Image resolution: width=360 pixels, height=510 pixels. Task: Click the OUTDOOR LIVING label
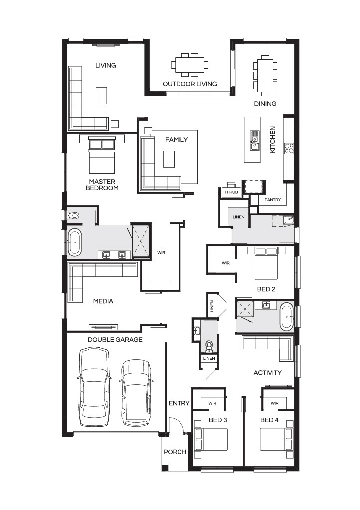click(190, 84)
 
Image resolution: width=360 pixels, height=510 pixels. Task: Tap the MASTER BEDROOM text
click(102, 185)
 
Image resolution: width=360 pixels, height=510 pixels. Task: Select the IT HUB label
click(231, 192)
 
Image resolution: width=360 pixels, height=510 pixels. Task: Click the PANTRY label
click(272, 200)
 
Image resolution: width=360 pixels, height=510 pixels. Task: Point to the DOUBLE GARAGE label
click(115, 340)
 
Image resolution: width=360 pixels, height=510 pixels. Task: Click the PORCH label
click(175, 452)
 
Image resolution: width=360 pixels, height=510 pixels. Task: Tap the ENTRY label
click(179, 403)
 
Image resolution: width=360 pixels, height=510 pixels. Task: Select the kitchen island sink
click(254, 141)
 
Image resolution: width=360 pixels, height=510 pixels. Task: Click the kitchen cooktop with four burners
click(289, 148)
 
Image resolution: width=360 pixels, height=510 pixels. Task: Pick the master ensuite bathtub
click(75, 242)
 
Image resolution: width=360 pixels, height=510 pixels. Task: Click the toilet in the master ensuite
click(74, 215)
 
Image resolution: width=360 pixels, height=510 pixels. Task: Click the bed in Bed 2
click(266, 263)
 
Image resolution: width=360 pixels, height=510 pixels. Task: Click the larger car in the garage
click(94, 386)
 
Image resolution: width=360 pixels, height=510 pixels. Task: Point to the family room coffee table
click(169, 159)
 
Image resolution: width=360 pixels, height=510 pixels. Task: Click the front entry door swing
click(177, 425)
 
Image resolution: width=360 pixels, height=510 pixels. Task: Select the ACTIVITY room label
click(268, 373)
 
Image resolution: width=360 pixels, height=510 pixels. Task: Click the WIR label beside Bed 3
click(212, 403)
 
